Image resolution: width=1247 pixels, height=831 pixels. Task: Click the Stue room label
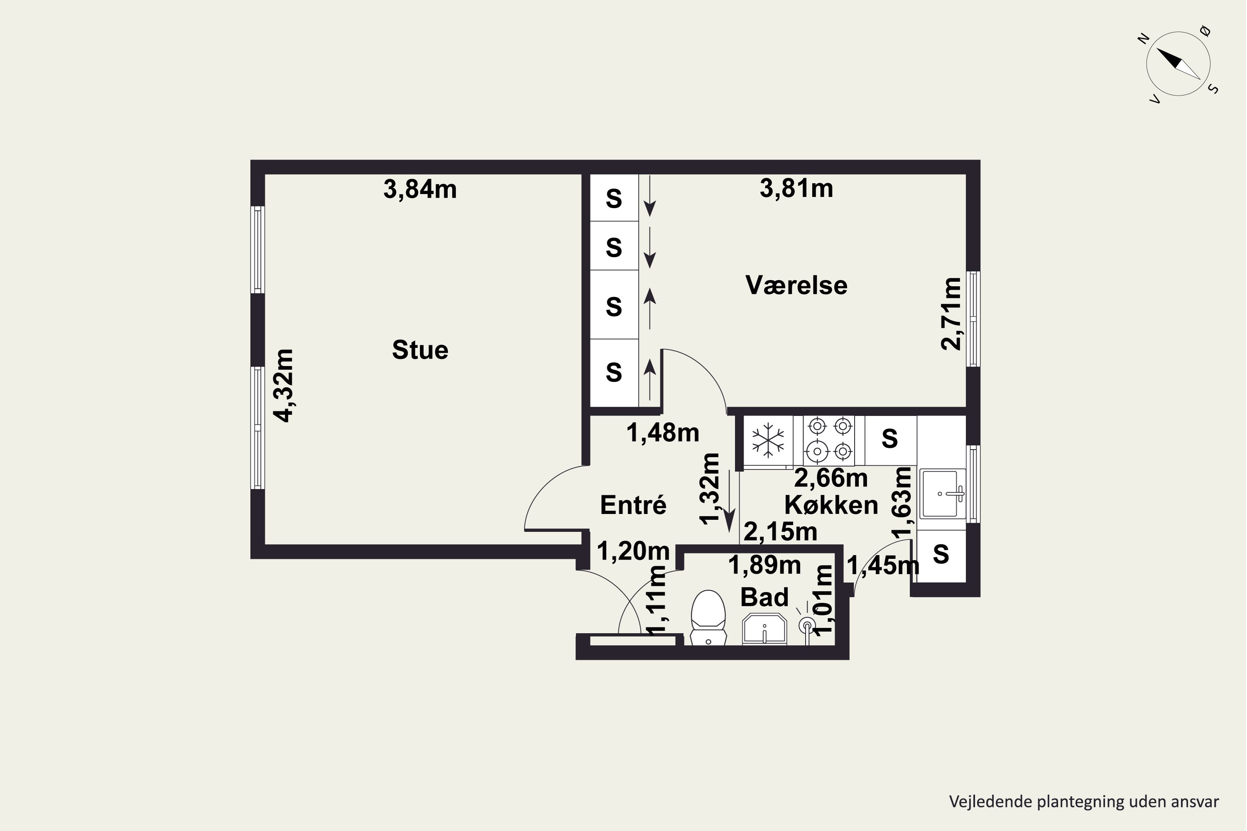tap(420, 350)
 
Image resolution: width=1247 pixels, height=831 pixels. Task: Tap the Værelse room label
tap(796, 285)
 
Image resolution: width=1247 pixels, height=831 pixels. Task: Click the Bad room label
tap(764, 597)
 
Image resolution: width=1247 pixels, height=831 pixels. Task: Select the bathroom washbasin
tap(764, 629)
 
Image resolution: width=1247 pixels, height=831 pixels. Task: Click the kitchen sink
tap(943, 494)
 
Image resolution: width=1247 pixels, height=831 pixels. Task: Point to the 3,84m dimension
tap(420, 189)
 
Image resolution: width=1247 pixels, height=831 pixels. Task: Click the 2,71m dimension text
tap(951, 313)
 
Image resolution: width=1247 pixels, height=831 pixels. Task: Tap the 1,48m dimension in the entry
tap(663, 433)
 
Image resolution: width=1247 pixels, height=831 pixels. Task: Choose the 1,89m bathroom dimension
tap(764, 565)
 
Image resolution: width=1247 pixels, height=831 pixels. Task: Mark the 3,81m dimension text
tap(796, 189)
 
